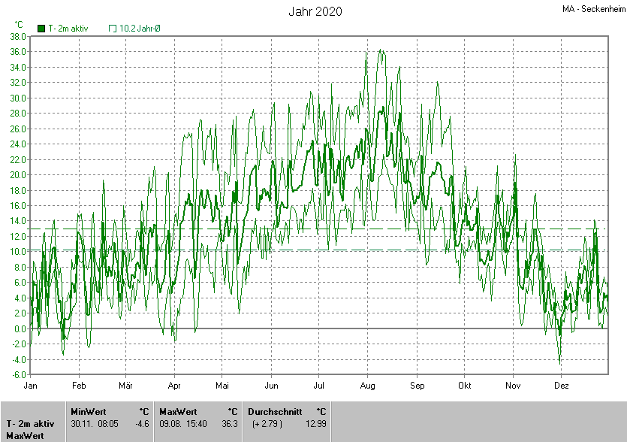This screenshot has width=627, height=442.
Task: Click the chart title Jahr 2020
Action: coord(315,11)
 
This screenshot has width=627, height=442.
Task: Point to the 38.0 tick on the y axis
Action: coord(18,36)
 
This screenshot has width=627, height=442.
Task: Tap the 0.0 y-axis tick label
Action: coord(20,328)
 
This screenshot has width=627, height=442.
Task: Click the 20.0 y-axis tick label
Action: coord(18,174)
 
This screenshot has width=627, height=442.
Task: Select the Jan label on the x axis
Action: coord(31,386)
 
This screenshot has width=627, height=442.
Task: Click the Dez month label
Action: coord(561,386)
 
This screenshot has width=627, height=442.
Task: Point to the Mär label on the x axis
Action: coord(126,386)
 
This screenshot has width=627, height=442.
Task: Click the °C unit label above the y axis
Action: coord(19,25)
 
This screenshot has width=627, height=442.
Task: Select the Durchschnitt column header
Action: coord(275,411)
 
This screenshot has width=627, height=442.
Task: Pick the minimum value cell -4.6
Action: coord(142,424)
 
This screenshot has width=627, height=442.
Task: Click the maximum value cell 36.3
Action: coord(230,424)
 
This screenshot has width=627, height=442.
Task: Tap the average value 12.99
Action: coord(316,424)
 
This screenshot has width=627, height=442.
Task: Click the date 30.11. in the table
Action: coord(82,424)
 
